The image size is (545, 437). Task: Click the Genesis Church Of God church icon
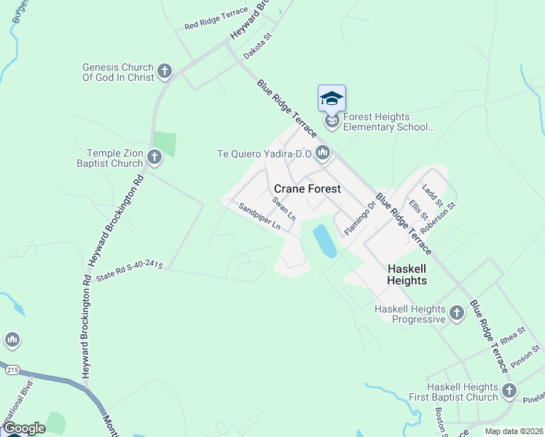tap(165, 71)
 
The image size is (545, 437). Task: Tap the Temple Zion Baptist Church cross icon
tap(154, 157)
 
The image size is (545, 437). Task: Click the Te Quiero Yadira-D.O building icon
tap(324, 153)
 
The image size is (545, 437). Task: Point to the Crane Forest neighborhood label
tap(307, 189)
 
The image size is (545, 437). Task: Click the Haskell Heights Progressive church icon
tap(456, 313)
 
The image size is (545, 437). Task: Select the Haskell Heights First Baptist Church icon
tap(509, 391)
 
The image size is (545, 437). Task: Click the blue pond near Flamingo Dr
tap(324, 241)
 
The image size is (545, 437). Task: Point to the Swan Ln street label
tap(284, 208)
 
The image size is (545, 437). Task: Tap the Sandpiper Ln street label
tap(259, 216)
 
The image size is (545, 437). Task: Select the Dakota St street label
tap(257, 50)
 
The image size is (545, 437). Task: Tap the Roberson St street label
tap(442, 216)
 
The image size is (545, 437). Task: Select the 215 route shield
tap(12, 370)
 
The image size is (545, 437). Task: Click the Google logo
tap(24, 428)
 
